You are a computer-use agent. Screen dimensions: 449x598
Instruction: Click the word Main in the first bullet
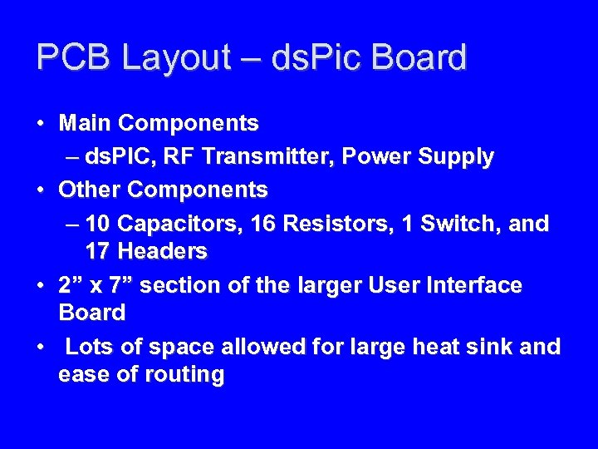[86, 123]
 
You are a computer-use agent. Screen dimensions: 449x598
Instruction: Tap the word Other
[91, 190]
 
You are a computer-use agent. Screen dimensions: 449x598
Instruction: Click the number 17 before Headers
[99, 250]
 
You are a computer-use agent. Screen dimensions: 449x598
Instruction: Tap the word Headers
[164, 250]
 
